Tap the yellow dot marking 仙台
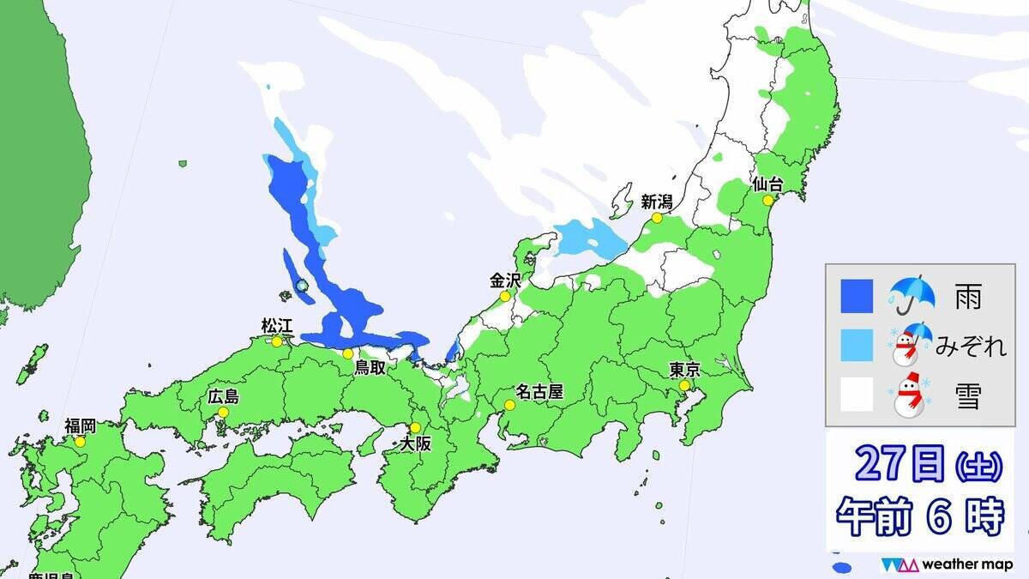(x=767, y=200)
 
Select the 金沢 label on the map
(x=505, y=280)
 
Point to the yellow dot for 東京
(x=684, y=388)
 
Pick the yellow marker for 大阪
(x=416, y=427)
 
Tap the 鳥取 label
(x=376, y=369)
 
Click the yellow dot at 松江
(x=277, y=341)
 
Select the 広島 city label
(x=224, y=396)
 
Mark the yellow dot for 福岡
(x=80, y=442)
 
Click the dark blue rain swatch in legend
(x=856, y=297)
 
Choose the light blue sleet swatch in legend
(x=856, y=346)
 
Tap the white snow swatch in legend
(x=856, y=395)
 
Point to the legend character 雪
(x=967, y=396)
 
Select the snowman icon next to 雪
(x=912, y=395)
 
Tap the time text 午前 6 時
(x=919, y=516)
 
